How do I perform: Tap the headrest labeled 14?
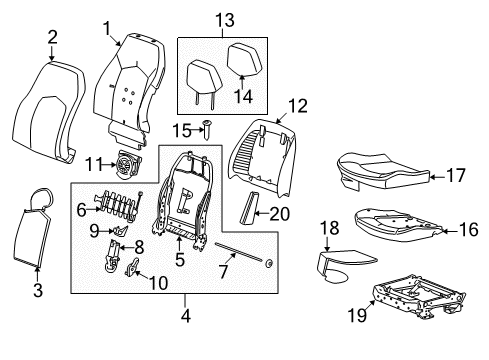(246, 61)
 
